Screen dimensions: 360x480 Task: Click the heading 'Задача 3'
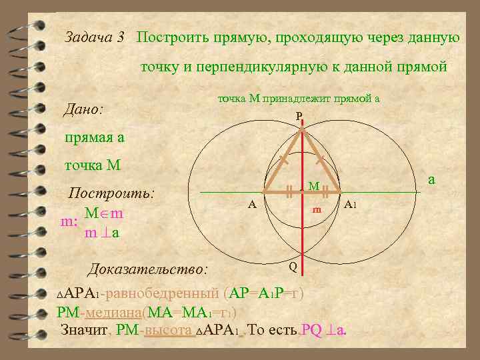pyautogui.click(x=95, y=37)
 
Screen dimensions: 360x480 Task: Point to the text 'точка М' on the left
pyautogui.click(x=93, y=165)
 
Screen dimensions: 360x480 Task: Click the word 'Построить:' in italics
pyautogui.click(x=112, y=193)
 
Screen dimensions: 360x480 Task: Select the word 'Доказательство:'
pyautogui.click(x=147, y=269)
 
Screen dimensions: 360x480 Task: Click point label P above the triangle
pyautogui.click(x=299, y=117)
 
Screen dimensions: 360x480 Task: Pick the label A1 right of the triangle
pyautogui.click(x=352, y=205)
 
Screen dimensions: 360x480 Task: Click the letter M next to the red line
pyautogui.click(x=313, y=185)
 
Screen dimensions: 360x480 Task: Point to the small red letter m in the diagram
pyautogui.click(x=317, y=210)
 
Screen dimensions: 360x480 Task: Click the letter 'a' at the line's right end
pyautogui.click(x=431, y=179)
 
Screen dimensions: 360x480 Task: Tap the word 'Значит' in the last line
pyautogui.click(x=84, y=330)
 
